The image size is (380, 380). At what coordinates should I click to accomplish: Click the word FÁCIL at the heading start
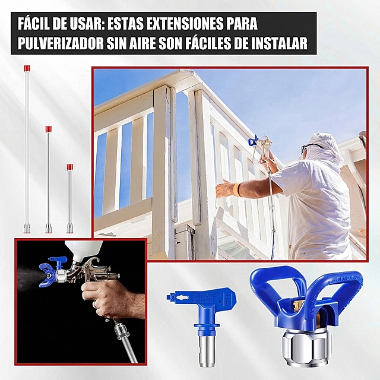coord(33,23)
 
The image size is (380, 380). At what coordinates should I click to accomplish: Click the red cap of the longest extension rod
coord(27,68)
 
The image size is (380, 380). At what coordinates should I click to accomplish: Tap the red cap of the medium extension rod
coord(49,129)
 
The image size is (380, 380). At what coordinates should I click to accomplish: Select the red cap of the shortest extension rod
coord(70,167)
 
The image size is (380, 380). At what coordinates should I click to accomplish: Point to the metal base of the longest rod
coord(27,228)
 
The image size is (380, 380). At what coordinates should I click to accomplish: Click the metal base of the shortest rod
coord(70,228)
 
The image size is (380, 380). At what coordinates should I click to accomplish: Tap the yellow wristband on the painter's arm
coord(236,190)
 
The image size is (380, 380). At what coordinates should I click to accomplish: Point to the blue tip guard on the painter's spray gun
coord(253,140)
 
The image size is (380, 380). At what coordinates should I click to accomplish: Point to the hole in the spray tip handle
coord(180,297)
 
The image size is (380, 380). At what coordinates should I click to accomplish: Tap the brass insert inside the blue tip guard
coord(297,305)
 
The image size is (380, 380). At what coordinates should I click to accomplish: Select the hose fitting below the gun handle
coord(122,331)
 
